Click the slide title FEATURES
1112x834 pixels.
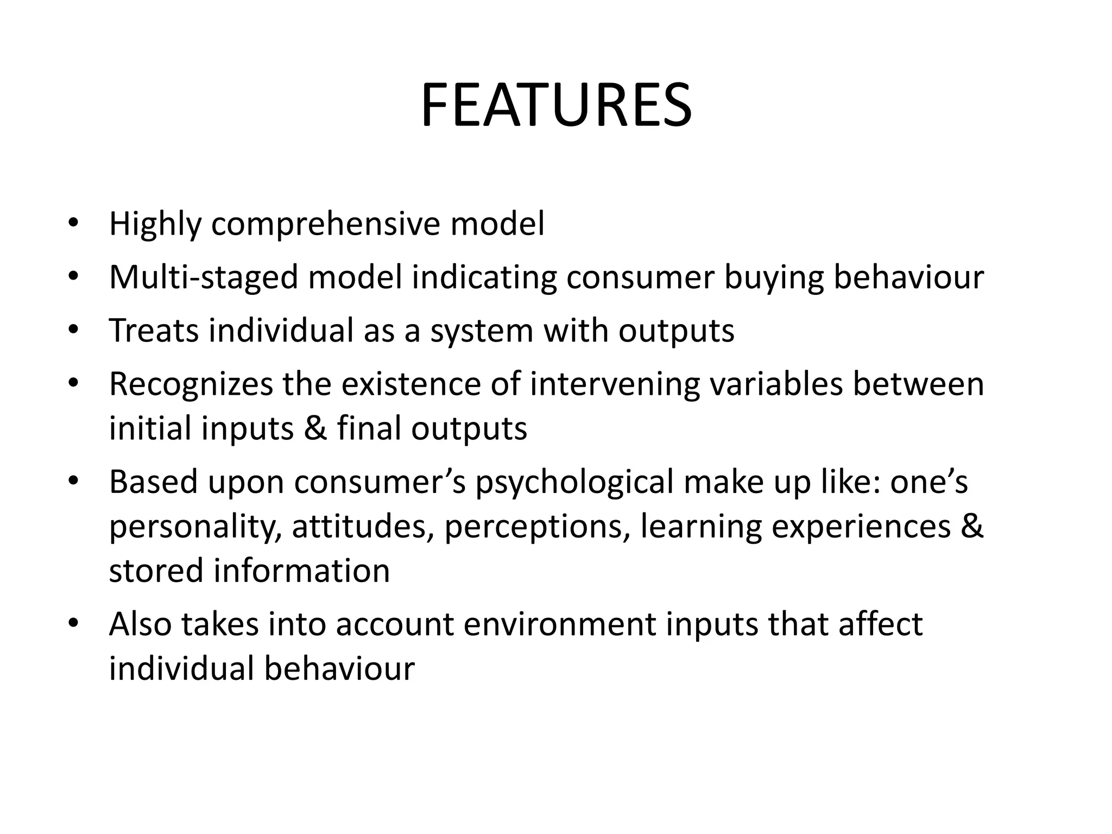tap(556, 105)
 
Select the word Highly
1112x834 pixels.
tap(155, 224)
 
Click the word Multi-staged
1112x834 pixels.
tap(204, 277)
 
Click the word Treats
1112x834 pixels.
tap(154, 330)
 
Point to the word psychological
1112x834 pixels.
tap(574, 482)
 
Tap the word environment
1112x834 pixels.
tap(560, 624)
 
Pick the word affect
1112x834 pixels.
tap(880, 624)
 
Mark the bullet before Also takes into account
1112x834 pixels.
tap(73, 623)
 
